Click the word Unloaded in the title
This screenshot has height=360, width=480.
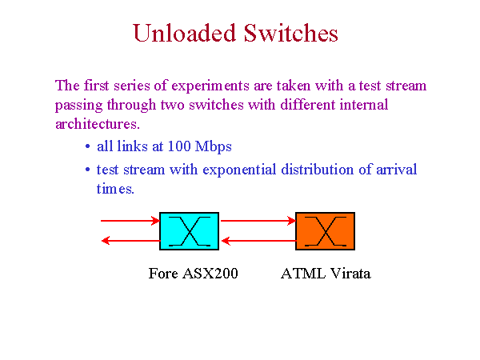click(x=185, y=33)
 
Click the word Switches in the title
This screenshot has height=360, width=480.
click(x=291, y=33)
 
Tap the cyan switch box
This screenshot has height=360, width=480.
click(x=189, y=231)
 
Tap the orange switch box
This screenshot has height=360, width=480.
click(x=325, y=231)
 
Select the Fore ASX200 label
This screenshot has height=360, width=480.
click(x=193, y=273)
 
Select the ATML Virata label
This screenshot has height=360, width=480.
click(x=326, y=273)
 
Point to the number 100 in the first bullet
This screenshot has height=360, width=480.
click(x=179, y=146)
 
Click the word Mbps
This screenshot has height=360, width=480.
click(x=214, y=147)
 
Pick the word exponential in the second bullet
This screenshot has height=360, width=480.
click(x=239, y=170)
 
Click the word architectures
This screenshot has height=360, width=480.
click(x=98, y=124)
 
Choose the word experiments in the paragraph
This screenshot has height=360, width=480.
click(x=210, y=86)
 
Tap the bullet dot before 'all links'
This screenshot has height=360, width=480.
click(x=88, y=146)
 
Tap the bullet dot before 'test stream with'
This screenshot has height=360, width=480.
click(x=88, y=170)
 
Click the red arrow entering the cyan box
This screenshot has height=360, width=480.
click(x=130, y=221)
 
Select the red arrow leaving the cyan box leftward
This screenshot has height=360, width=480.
click(x=130, y=241)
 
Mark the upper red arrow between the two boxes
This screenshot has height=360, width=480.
click(x=258, y=221)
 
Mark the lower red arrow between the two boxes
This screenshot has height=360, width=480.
click(x=258, y=241)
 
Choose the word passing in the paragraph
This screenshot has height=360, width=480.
click(x=78, y=106)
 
